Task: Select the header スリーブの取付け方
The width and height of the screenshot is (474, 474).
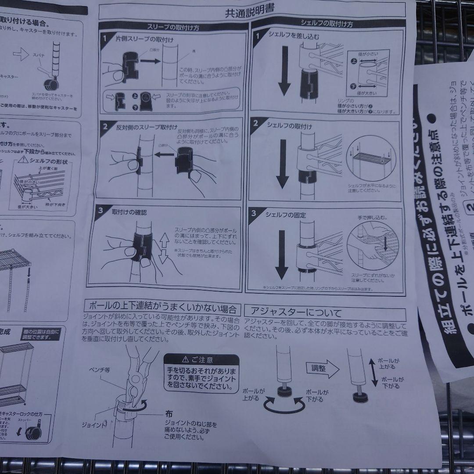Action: [173, 27]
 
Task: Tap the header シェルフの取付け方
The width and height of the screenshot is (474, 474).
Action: [326, 24]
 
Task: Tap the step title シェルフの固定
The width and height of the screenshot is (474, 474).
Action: [286, 215]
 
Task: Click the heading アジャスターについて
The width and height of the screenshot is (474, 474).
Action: [294, 313]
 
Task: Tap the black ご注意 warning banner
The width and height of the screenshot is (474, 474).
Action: [201, 359]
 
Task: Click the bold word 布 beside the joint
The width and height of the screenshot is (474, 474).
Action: [169, 413]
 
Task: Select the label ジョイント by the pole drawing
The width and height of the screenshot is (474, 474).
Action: [93, 425]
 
